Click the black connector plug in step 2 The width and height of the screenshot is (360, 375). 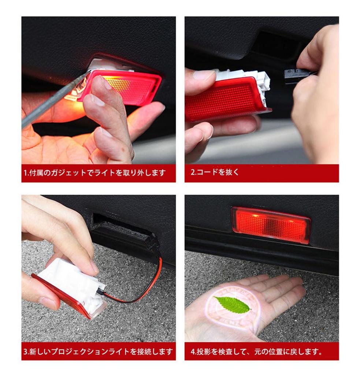click(x=295, y=75)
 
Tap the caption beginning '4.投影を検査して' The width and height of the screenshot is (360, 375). click(x=256, y=352)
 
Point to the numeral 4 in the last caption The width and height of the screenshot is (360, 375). click(x=193, y=352)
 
